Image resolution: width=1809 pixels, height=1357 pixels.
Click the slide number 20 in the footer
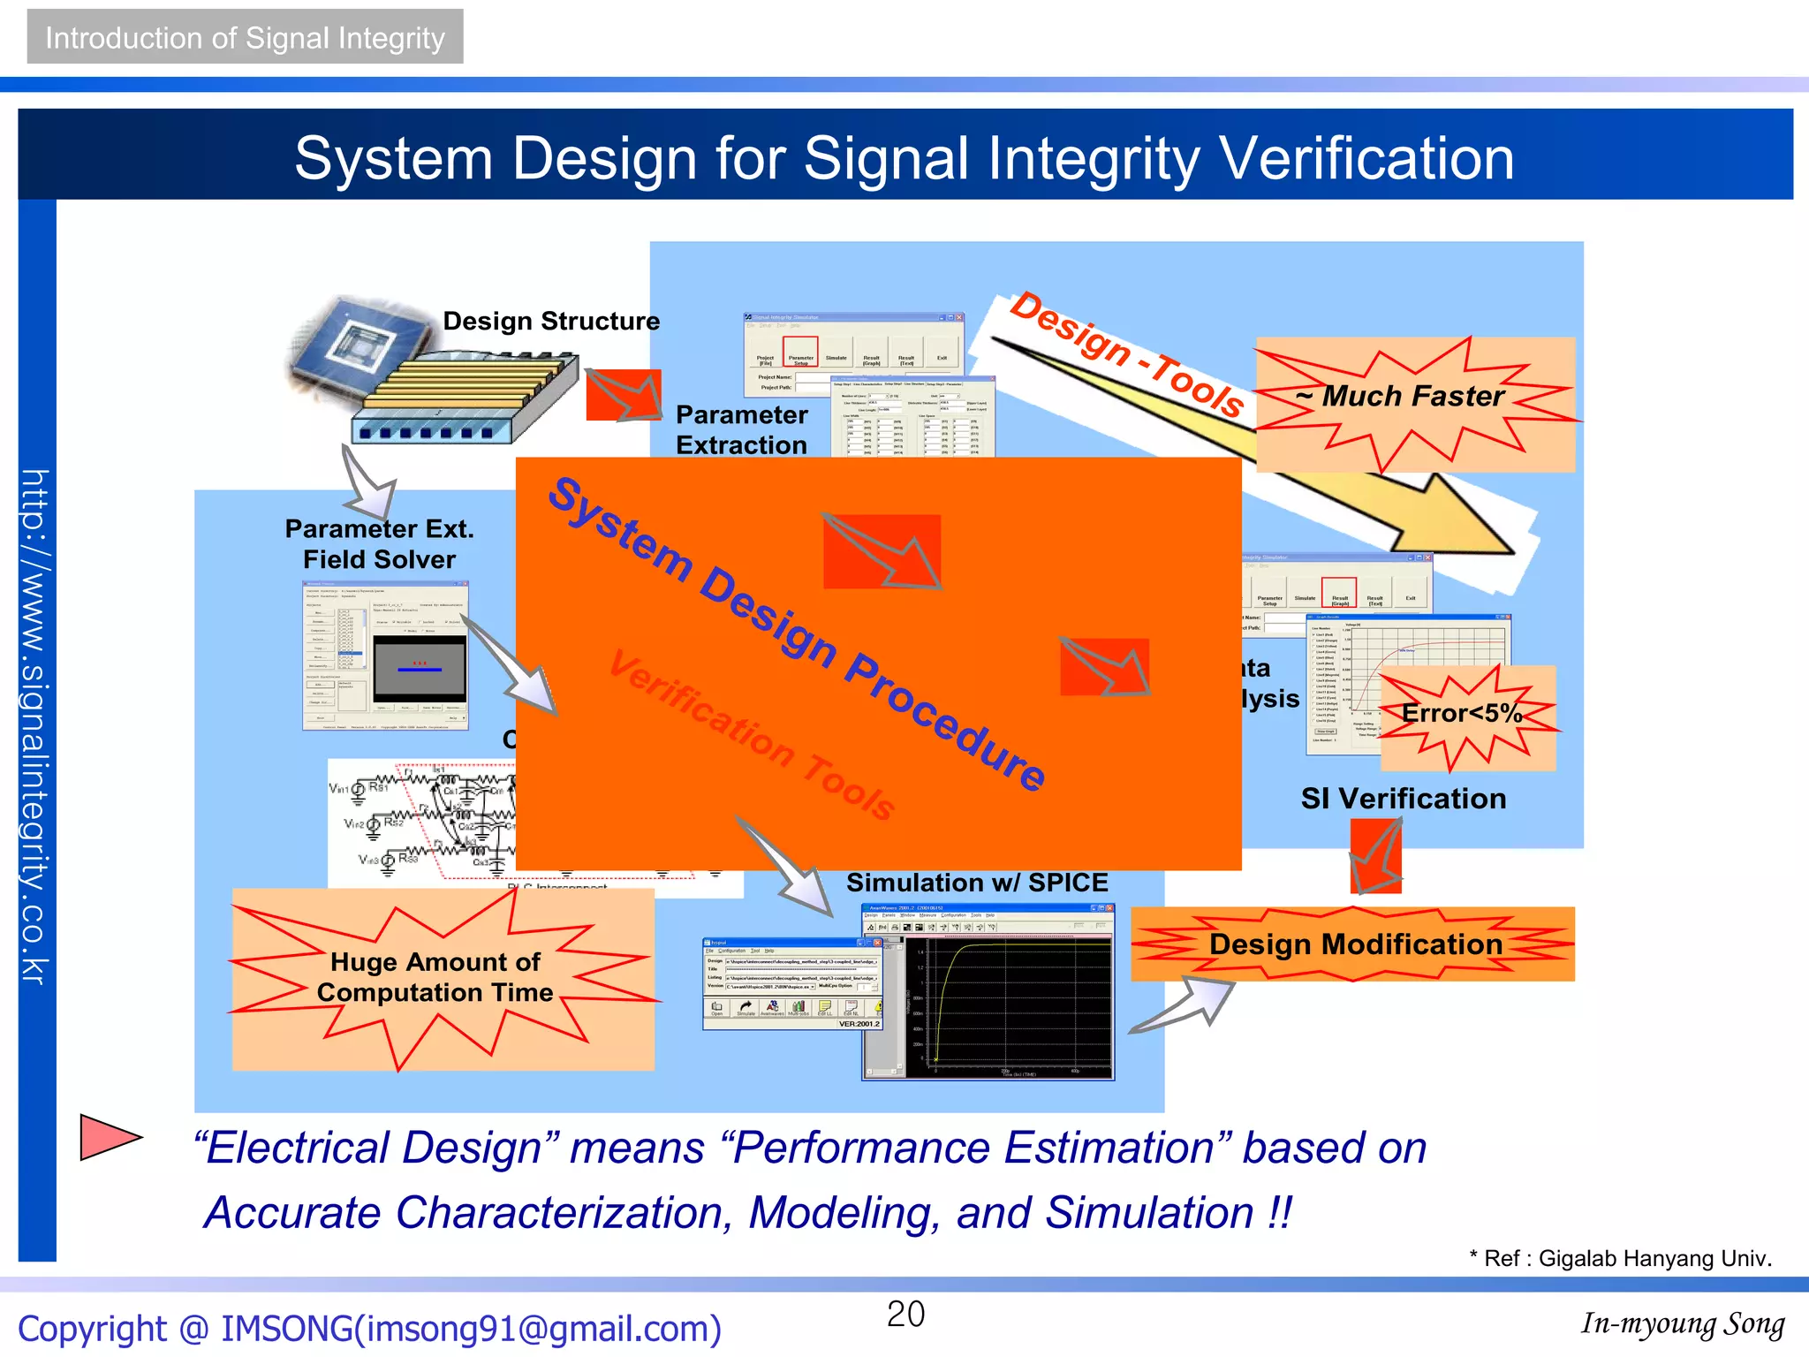click(x=905, y=1314)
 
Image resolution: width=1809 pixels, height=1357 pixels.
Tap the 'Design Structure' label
click(x=550, y=321)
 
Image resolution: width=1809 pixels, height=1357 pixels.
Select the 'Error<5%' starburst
click(x=1462, y=714)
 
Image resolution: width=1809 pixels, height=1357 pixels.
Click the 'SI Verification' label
click(x=1403, y=799)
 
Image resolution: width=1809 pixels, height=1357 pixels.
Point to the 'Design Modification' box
click(x=1354, y=944)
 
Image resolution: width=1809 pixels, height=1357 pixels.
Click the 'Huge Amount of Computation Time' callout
click(x=435, y=977)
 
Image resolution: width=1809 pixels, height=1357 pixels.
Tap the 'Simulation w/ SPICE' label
click(x=976, y=883)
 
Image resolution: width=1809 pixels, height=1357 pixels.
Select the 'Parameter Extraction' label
click(x=741, y=430)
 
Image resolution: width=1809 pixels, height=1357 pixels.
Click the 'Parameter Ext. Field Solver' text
click(x=379, y=544)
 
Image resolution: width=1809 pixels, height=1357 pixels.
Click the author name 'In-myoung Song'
click(x=1682, y=1323)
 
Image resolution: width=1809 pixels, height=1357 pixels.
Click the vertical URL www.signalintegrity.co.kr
click(x=36, y=724)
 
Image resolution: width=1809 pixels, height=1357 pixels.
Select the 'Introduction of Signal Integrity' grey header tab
click(x=245, y=37)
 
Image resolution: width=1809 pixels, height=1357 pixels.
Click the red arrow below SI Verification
click(x=1375, y=855)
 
